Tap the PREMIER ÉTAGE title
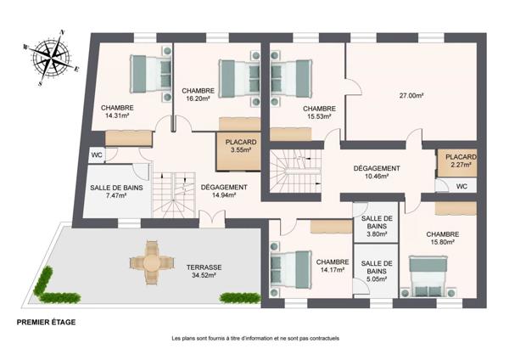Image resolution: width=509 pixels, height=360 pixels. click(47, 323)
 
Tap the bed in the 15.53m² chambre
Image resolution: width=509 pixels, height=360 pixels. click(288, 71)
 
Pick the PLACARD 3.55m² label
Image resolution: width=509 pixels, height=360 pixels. click(240, 146)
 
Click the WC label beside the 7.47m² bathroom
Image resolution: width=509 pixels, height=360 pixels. click(98, 155)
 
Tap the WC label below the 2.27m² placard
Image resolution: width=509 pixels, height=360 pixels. click(461, 187)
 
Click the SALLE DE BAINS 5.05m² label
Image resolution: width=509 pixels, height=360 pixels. click(372, 270)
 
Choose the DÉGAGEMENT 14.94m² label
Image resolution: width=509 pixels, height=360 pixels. click(224, 191)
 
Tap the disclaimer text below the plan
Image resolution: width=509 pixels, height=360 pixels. click(255, 338)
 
